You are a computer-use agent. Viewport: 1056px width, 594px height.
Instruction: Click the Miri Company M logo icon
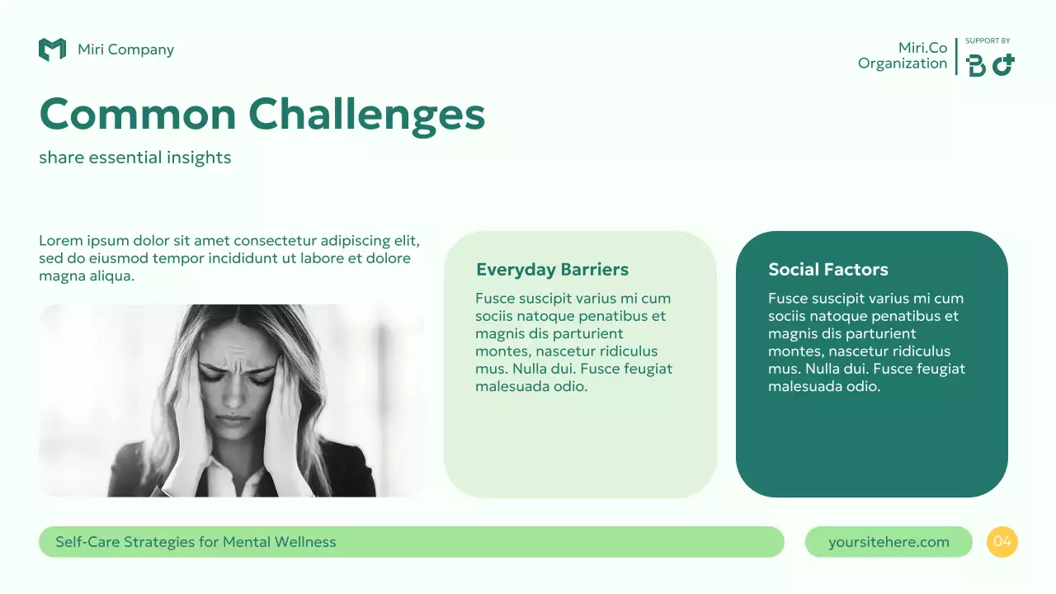coord(52,49)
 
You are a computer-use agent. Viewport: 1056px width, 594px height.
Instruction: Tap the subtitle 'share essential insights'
coord(134,158)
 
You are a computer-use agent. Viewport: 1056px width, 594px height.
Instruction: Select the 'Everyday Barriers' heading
coord(552,270)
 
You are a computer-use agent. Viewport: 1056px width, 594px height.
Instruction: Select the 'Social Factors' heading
coord(827,270)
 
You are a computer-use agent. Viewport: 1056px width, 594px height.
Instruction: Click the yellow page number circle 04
coord(1002,542)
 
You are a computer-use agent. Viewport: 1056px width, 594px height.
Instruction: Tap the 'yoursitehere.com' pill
coord(889,542)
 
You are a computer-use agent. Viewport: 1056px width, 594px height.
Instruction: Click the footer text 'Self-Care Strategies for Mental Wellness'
coord(196,542)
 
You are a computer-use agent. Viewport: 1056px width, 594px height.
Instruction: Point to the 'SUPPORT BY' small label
coord(988,41)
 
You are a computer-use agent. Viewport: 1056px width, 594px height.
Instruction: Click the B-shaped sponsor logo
coord(976,65)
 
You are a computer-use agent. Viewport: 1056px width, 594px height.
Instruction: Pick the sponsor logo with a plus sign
coord(1003,64)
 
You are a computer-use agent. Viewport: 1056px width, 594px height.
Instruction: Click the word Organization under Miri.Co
coord(903,64)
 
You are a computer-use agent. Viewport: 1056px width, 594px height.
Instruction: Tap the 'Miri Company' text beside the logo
coord(125,49)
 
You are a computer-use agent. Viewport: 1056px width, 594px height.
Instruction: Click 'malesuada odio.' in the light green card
coord(531,386)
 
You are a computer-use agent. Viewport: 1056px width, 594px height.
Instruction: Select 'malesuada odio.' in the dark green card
coord(824,386)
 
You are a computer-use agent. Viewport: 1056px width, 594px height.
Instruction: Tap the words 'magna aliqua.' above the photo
coord(87,276)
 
